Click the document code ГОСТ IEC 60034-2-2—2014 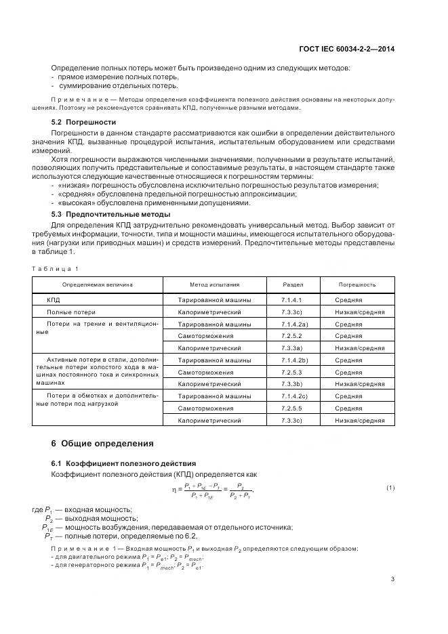point(346,49)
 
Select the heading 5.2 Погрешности point(84,122)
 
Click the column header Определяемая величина point(98,284)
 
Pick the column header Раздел point(293,284)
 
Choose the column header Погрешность point(357,284)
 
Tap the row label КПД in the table point(54,299)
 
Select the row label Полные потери point(71,312)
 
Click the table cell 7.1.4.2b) point(295,360)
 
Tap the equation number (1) point(390,488)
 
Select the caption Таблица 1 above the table point(58,268)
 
